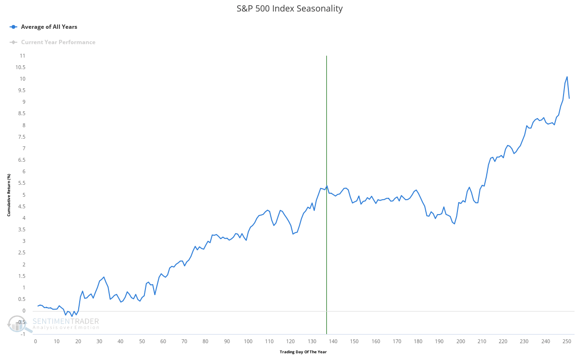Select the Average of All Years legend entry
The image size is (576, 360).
[x=48, y=27]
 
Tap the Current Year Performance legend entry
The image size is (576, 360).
[x=58, y=42]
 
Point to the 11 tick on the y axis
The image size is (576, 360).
[x=22, y=56]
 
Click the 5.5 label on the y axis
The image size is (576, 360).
[x=21, y=183]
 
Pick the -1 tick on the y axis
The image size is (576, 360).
[x=23, y=334]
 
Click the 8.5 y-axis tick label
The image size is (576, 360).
[x=21, y=114]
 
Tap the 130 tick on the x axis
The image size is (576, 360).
[x=312, y=341]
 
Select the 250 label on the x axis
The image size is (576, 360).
[x=567, y=341]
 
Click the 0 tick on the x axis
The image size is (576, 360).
[x=36, y=341]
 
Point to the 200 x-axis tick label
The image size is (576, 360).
[x=461, y=341]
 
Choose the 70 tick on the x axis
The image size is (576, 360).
[x=184, y=341]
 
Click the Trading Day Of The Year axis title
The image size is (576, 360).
[x=303, y=352]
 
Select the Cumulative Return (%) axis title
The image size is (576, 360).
[x=9, y=195]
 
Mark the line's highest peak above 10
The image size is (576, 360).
[x=567, y=77]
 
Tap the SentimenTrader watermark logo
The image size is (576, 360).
[x=53, y=324]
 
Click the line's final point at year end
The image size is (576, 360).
[x=569, y=98]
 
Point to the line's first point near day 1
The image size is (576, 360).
[x=37, y=306]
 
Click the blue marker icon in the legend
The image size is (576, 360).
[x=13, y=27]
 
